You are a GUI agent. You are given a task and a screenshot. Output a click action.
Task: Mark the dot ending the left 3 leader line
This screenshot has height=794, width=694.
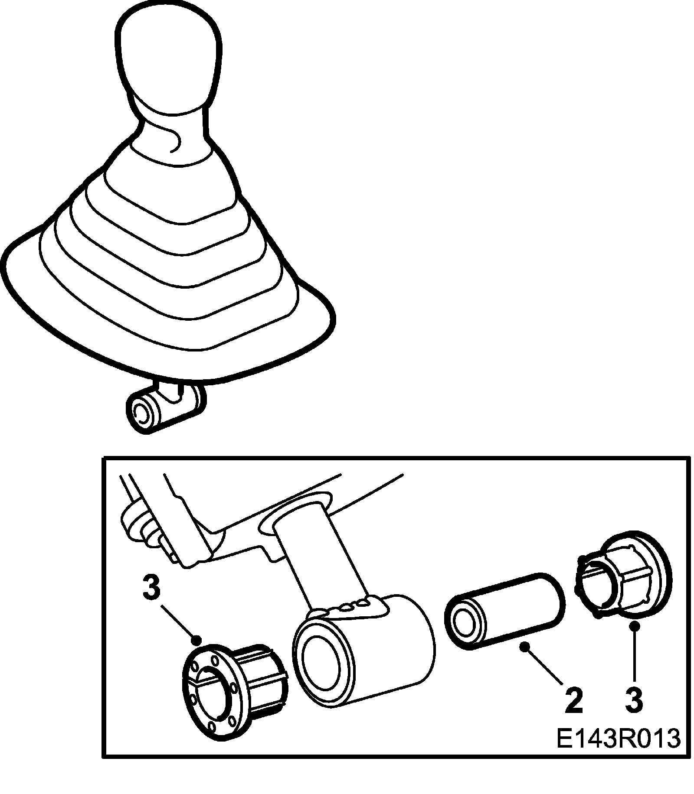tap(198, 639)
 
